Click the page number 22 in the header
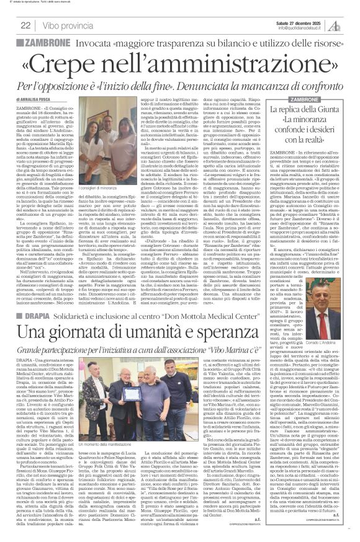tap(25, 25)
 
